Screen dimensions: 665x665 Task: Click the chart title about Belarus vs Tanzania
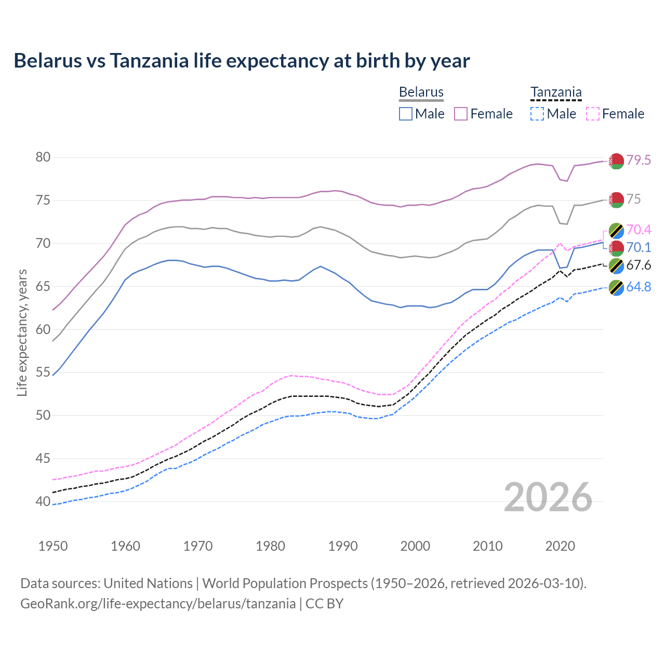tap(242, 61)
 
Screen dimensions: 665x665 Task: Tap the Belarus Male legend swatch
tap(406, 114)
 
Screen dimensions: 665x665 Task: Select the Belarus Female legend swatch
tap(461, 114)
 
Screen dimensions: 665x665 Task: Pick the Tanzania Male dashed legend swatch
tap(537, 114)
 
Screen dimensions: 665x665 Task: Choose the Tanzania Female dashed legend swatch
tap(593, 114)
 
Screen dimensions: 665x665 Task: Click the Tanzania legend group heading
tap(556, 92)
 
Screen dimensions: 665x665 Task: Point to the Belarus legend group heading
tap(421, 92)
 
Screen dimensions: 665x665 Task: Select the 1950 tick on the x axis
tap(53, 546)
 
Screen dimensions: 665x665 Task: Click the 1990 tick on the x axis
tap(343, 546)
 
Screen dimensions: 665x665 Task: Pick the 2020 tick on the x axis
tap(560, 546)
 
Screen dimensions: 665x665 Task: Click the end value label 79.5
tap(639, 160)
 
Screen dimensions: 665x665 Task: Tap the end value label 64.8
tap(639, 287)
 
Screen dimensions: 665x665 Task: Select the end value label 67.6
tap(639, 265)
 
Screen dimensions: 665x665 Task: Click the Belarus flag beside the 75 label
tap(616, 199)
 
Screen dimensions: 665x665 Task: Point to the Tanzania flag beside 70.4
tap(616, 230)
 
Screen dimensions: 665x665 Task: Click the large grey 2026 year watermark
tap(548, 497)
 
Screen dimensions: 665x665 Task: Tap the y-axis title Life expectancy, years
tap(22, 332)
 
